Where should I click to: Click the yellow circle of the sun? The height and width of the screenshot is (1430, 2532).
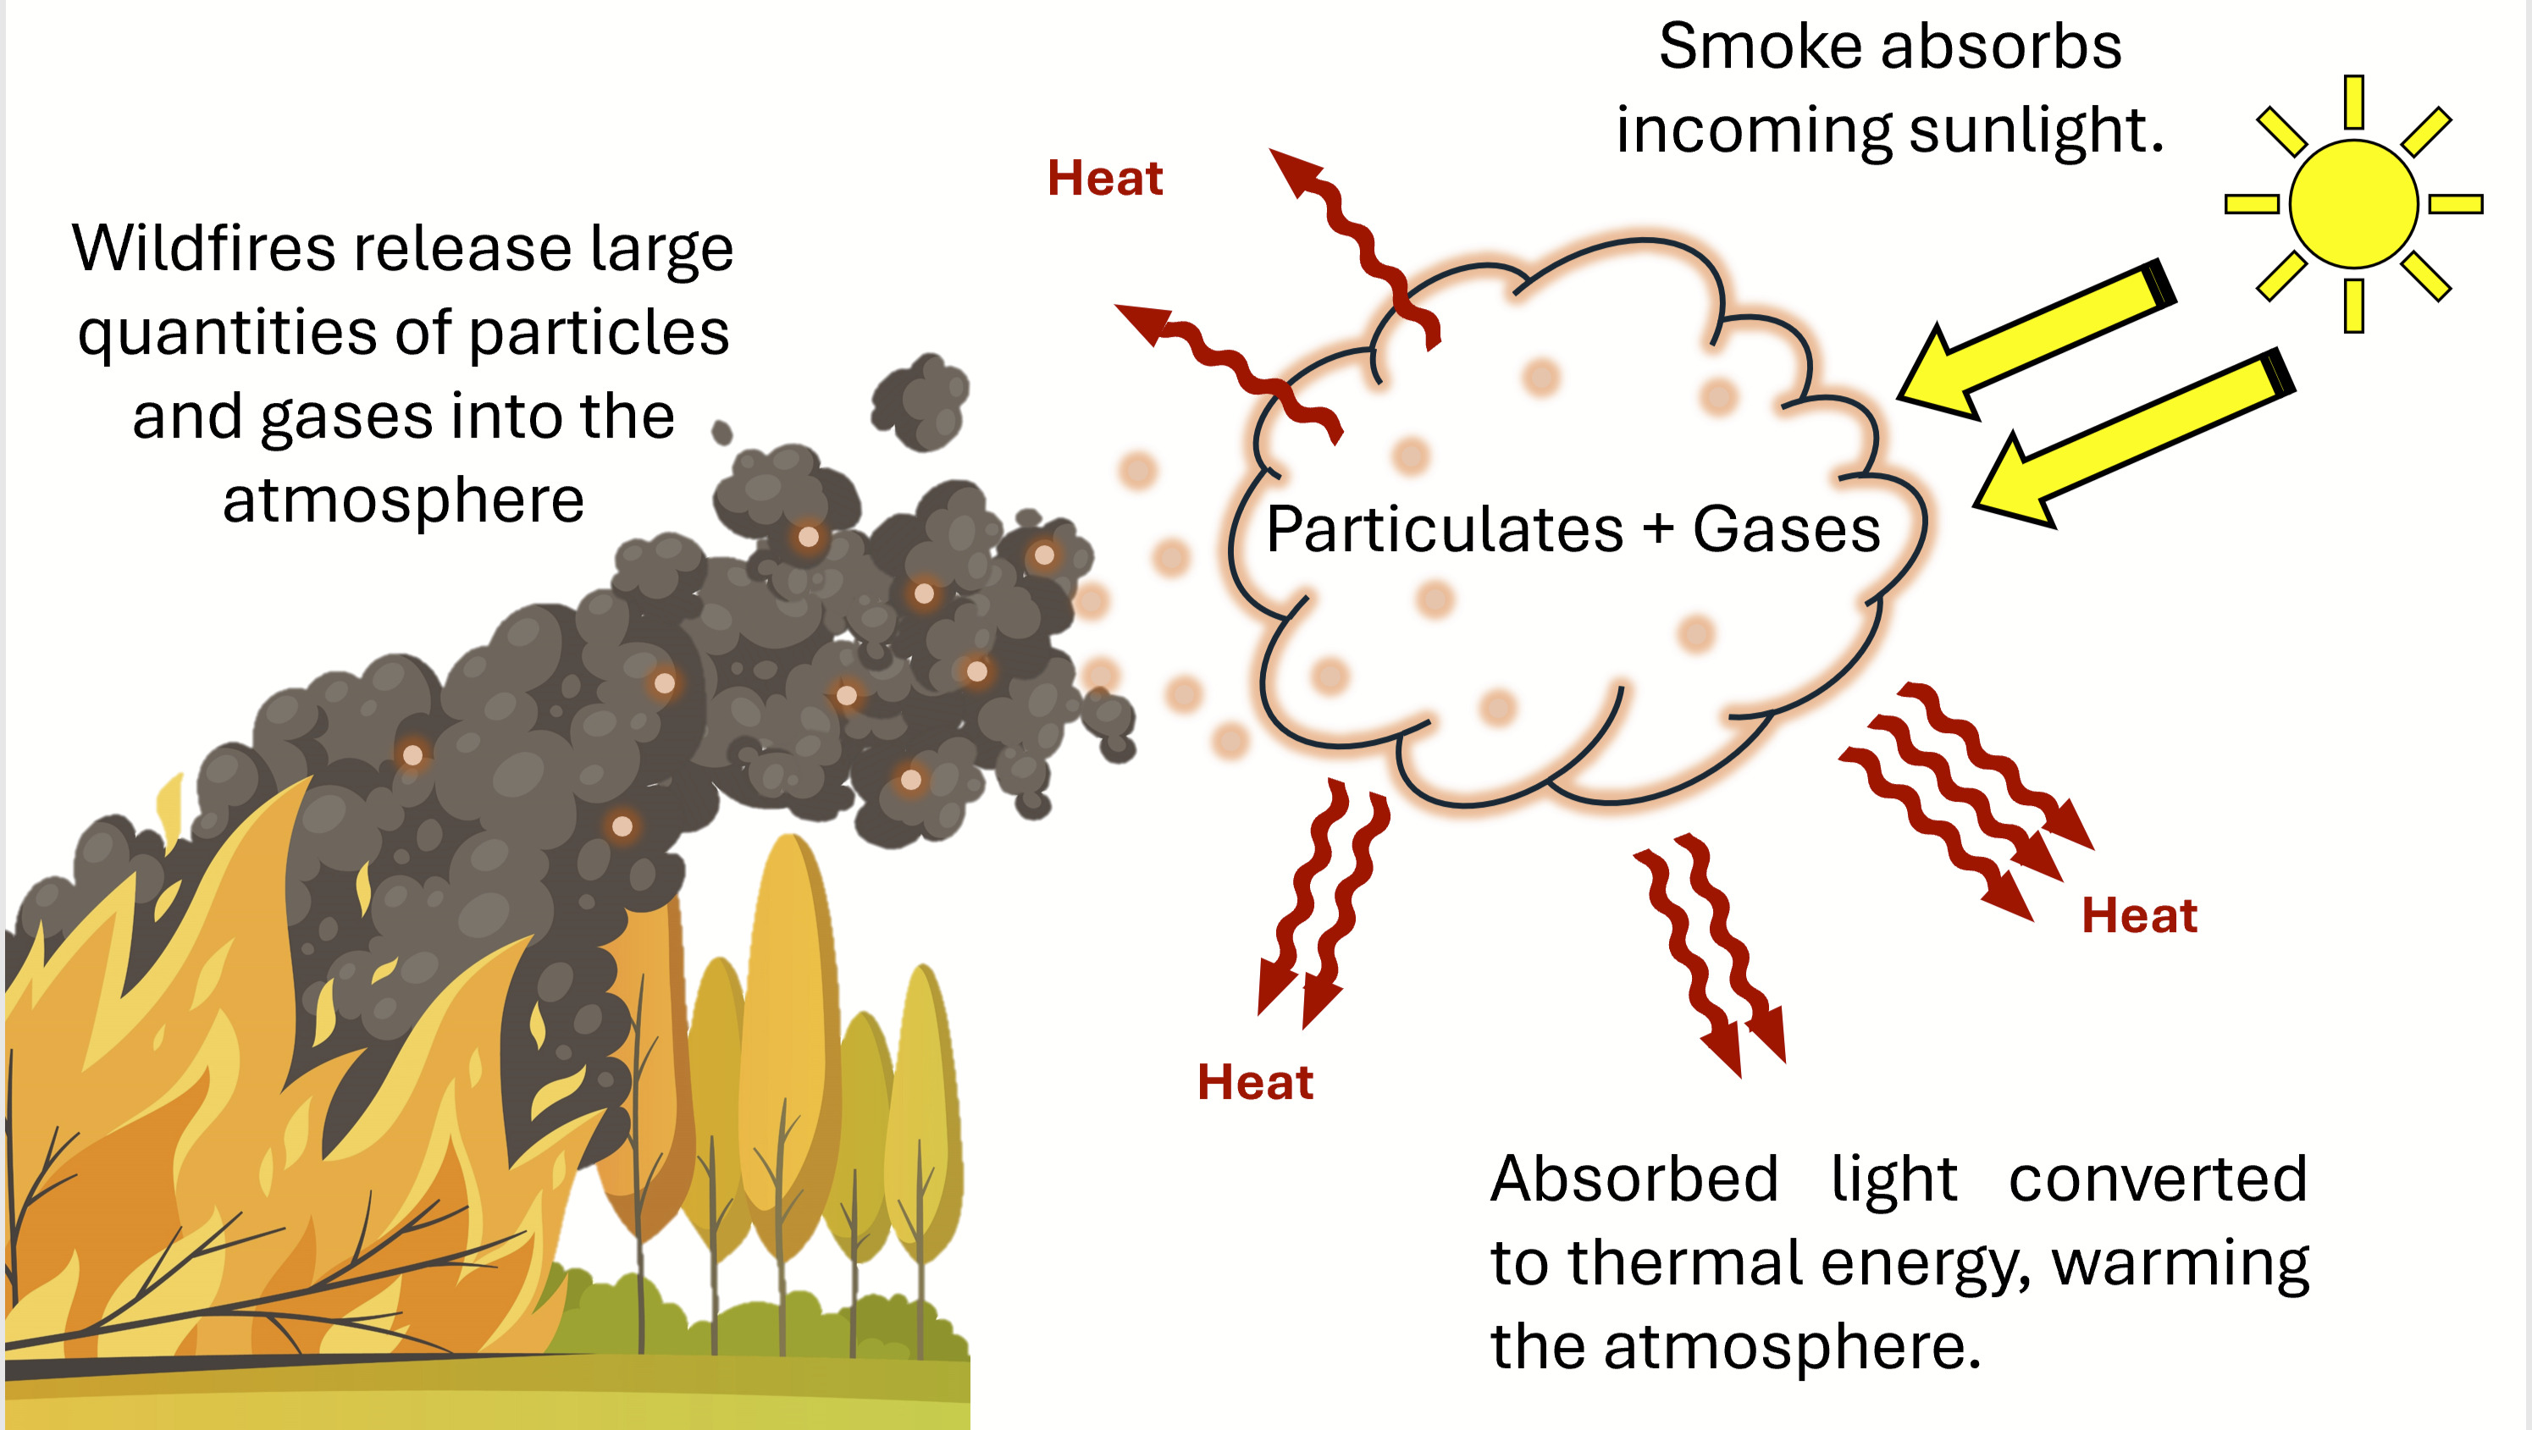point(2353,203)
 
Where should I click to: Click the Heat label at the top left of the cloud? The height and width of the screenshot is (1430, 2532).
point(1105,178)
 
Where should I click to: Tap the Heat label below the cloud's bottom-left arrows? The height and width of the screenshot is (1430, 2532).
point(1255,1082)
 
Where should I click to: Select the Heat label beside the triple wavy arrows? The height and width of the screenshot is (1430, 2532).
point(2139,915)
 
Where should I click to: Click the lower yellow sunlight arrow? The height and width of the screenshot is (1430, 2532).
point(2133,438)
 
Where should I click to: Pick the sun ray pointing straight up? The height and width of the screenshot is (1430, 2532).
point(2353,102)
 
